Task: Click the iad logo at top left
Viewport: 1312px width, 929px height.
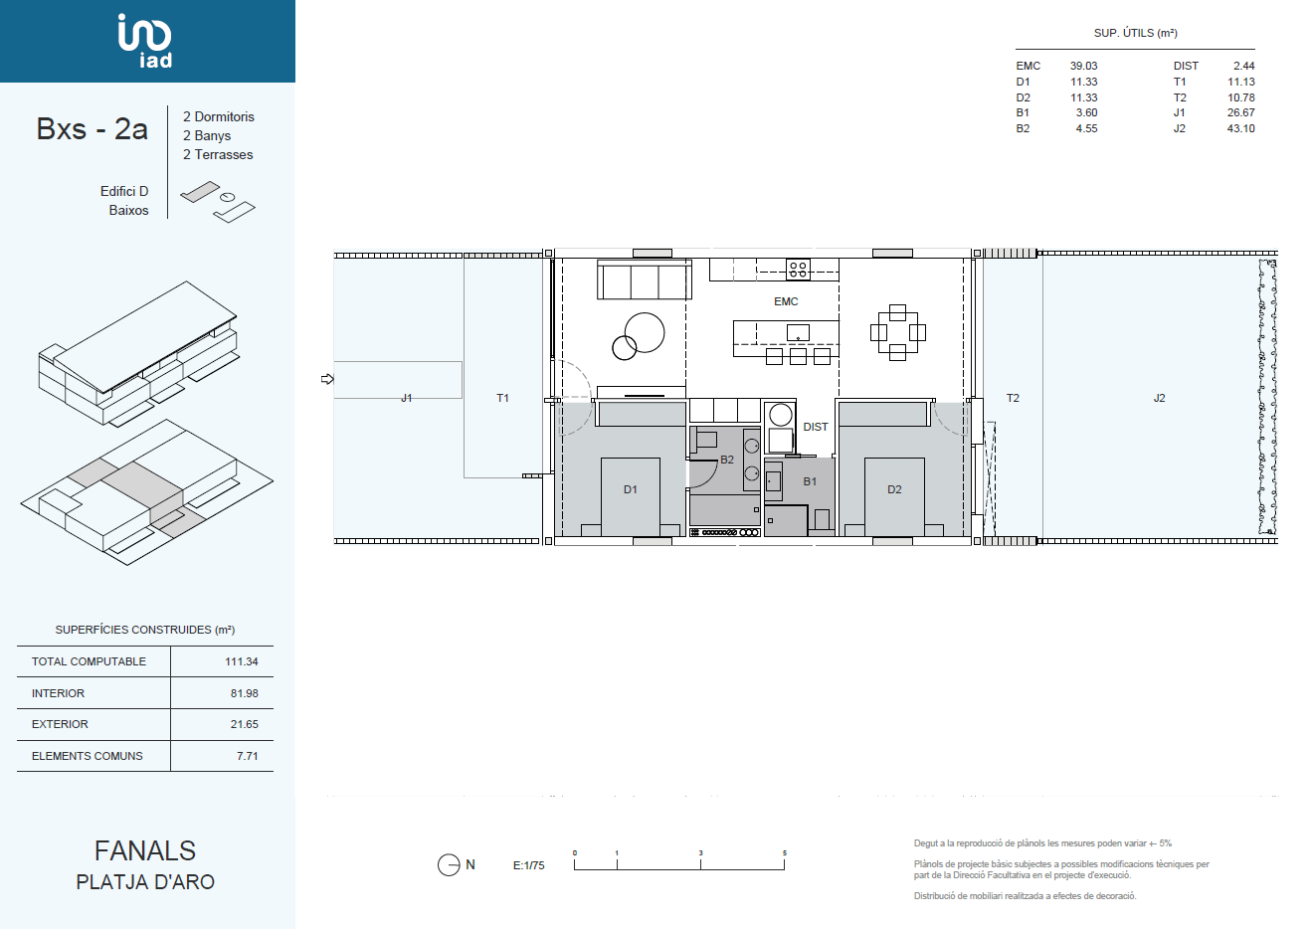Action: pyautogui.click(x=144, y=41)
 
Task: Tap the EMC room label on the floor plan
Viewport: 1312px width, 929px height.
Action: pyautogui.click(x=786, y=301)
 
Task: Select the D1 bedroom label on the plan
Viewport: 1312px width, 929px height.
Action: pyautogui.click(x=630, y=489)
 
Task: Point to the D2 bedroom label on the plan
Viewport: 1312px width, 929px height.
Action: pyautogui.click(x=894, y=489)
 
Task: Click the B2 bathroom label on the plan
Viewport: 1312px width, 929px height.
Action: pyautogui.click(x=727, y=460)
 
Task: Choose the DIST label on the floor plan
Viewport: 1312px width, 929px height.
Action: pyautogui.click(x=816, y=427)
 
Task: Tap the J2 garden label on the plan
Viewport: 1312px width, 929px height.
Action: pyautogui.click(x=1159, y=398)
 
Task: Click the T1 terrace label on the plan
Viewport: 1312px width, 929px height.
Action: pyautogui.click(x=502, y=398)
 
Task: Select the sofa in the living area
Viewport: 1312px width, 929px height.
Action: pyautogui.click(x=645, y=279)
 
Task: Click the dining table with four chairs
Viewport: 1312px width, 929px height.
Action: pyautogui.click(x=897, y=332)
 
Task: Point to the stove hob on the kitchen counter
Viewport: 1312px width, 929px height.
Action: pyautogui.click(x=798, y=270)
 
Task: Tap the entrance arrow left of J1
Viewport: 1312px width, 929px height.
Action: pyautogui.click(x=327, y=379)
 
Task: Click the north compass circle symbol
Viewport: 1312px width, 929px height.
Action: pyautogui.click(x=449, y=865)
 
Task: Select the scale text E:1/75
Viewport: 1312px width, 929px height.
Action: pyautogui.click(x=528, y=865)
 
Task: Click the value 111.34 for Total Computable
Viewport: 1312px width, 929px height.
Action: pyautogui.click(x=242, y=661)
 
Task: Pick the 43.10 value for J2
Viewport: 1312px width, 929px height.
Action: pyautogui.click(x=1240, y=128)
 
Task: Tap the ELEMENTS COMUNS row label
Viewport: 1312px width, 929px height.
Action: pyautogui.click(x=87, y=756)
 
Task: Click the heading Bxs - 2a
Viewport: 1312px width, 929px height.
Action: pyautogui.click(x=92, y=129)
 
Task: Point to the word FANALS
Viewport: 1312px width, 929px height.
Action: pyautogui.click(x=145, y=851)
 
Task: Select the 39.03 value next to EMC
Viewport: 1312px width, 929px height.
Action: pyautogui.click(x=1083, y=66)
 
